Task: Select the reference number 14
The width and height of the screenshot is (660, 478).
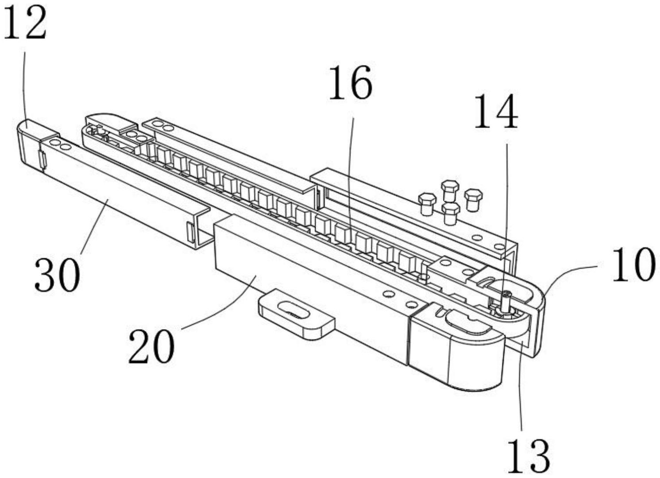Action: (496, 112)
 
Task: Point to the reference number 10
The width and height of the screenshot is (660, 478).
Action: (633, 265)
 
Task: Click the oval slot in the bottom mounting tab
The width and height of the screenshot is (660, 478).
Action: (294, 311)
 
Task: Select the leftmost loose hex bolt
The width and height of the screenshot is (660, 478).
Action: (427, 202)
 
